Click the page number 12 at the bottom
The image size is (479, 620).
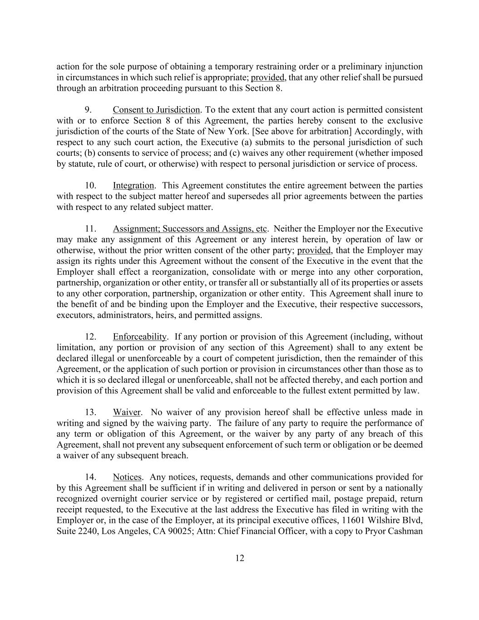(x=240, y=558)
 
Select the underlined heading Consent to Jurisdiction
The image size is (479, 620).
(x=156, y=110)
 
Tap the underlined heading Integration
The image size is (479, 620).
(x=133, y=186)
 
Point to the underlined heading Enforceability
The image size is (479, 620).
(x=140, y=337)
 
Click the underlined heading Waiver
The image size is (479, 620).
(x=127, y=412)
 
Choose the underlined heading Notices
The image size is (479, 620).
(x=127, y=477)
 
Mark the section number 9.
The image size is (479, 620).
(x=89, y=110)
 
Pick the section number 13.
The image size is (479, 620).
(x=91, y=412)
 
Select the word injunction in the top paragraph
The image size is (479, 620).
(x=402, y=67)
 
